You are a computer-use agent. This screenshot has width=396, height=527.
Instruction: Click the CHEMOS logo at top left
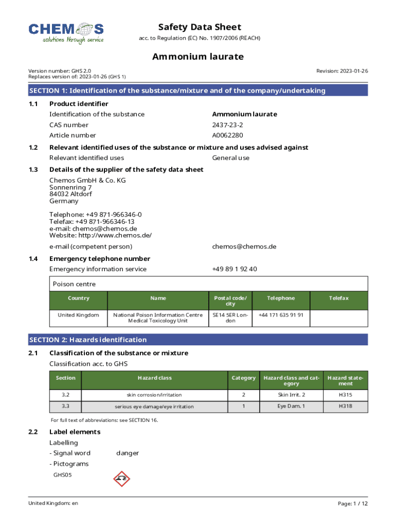[66, 32]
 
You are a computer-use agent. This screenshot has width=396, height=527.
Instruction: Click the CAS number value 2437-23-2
[227, 125]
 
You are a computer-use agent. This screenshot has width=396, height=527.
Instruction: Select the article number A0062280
[227, 135]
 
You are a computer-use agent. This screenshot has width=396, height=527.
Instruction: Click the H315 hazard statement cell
[345, 395]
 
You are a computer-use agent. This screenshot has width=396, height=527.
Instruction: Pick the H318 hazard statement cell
[345, 406]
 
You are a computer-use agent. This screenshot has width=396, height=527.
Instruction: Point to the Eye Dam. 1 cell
[291, 406]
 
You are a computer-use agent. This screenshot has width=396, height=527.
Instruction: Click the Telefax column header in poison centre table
[339, 298]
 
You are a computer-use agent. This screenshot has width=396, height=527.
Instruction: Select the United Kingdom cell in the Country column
[78, 315]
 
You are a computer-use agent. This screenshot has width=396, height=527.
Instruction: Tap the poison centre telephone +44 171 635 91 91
[281, 315]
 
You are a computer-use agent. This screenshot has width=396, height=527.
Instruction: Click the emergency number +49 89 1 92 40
[235, 269]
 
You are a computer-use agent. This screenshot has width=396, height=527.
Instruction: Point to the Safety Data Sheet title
[200, 27]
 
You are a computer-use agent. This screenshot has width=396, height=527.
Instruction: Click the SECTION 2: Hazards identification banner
[198, 340]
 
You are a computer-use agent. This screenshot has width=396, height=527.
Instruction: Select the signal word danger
[128, 453]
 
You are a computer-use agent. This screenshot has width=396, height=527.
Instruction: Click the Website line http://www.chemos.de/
[100, 236]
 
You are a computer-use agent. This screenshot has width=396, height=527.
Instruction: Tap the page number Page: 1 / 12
[353, 503]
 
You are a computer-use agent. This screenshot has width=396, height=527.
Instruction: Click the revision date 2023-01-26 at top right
[352, 71]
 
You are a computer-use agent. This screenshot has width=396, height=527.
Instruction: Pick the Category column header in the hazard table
[243, 378]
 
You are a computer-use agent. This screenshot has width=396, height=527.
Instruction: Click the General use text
[231, 158]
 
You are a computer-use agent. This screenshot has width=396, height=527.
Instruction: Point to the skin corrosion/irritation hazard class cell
[154, 395]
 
